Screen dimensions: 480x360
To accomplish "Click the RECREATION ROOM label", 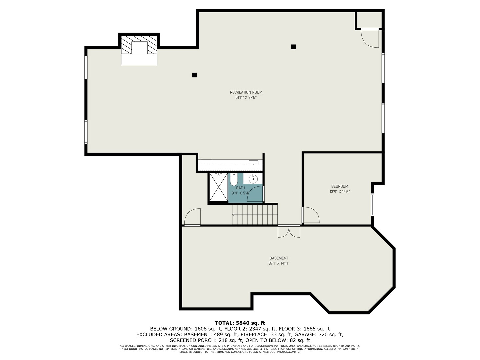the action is coord(246,92).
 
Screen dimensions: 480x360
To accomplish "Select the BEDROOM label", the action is coord(340,186).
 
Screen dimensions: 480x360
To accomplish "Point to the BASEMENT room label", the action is coord(279,258).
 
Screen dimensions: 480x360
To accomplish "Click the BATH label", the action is coord(240,188).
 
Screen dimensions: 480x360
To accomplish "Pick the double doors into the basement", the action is coord(289,231).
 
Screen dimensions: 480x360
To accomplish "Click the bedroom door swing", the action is coord(311,215).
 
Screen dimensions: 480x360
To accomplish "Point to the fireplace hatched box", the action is coord(139,45).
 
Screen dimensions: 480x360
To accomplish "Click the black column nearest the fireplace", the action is coord(194,75).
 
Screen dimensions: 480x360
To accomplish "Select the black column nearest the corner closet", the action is coord(293,47).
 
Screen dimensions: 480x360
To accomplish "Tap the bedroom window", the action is coord(372,205).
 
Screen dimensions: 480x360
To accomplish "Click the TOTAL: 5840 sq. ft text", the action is coord(240,323).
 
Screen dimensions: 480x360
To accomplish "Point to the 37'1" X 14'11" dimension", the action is coord(279,263).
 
